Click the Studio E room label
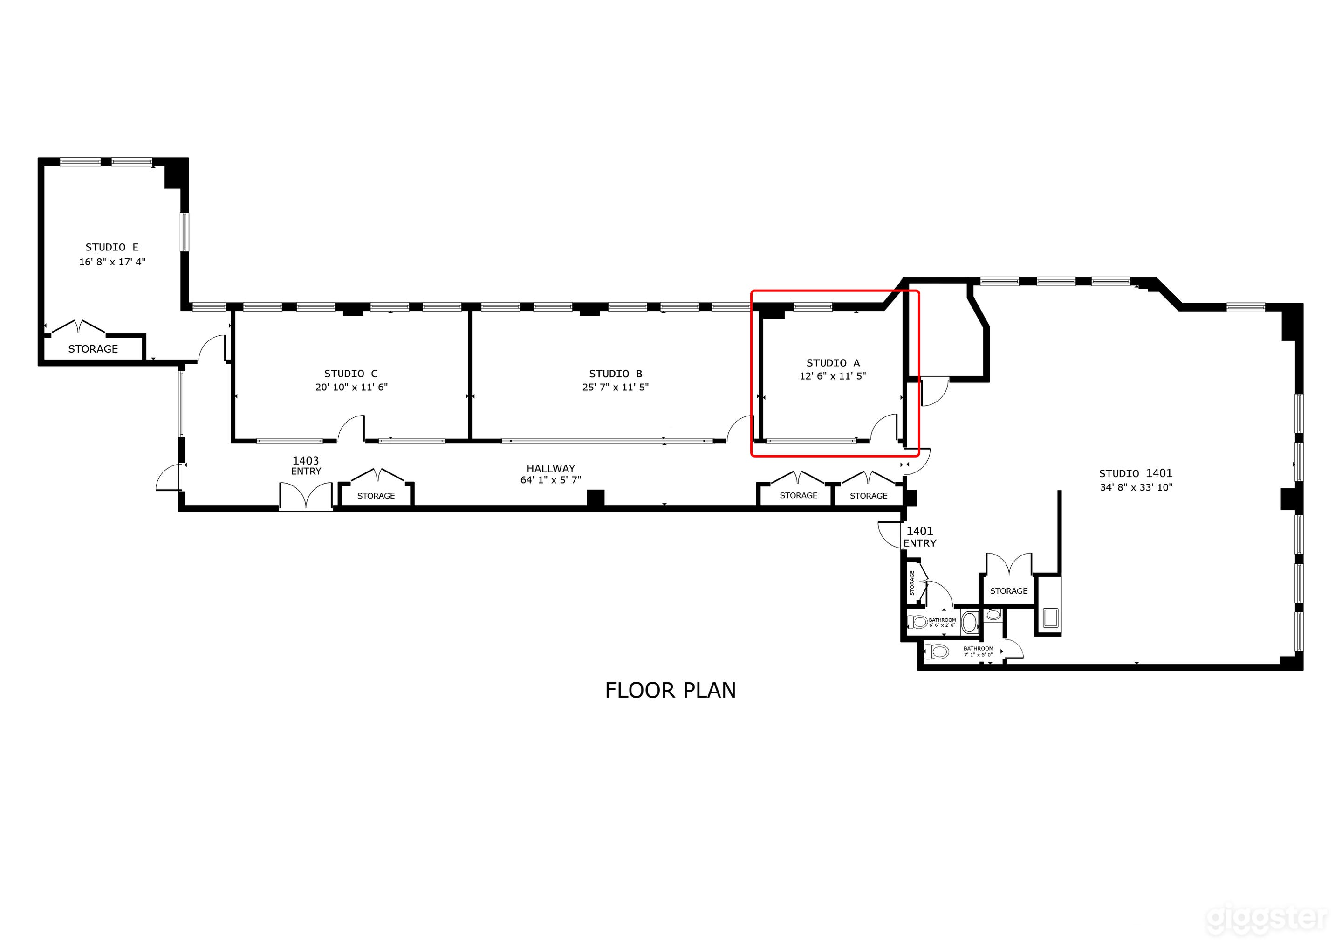(x=112, y=248)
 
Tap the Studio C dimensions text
(x=351, y=387)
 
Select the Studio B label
(x=615, y=374)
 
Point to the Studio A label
(x=833, y=363)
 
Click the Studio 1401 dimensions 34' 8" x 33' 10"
(x=1136, y=487)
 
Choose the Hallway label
(x=551, y=469)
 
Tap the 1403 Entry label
(x=306, y=465)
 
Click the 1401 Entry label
(x=919, y=537)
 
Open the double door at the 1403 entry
(x=306, y=497)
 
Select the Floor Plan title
(x=671, y=691)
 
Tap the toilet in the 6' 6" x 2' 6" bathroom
(x=917, y=622)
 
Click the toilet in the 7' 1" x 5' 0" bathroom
(x=937, y=651)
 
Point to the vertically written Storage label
(x=912, y=583)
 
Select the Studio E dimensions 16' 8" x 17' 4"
(x=112, y=262)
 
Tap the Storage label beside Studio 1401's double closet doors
(x=1008, y=591)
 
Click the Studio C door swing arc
(x=351, y=428)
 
